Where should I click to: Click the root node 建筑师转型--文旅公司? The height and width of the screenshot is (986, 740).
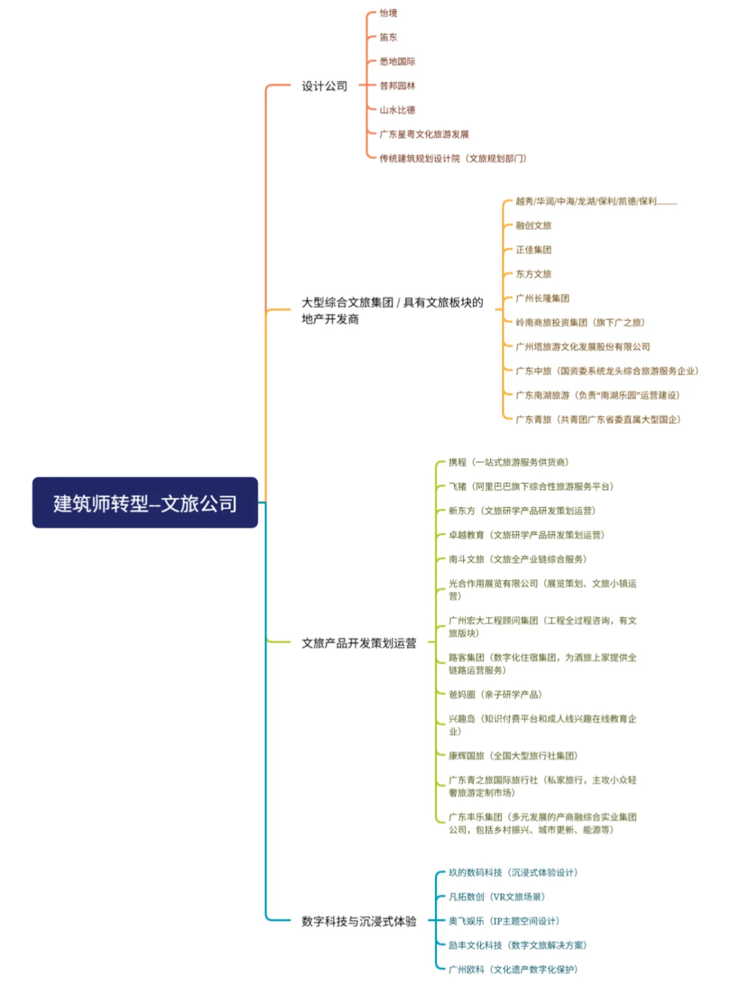coord(145,503)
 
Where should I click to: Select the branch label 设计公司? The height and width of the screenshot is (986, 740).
coord(325,86)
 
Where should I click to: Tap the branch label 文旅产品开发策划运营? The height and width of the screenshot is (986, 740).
coord(359,643)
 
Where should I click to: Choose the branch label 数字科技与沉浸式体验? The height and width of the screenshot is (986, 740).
coord(359,922)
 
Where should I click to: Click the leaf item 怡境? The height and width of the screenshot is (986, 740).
coord(388,13)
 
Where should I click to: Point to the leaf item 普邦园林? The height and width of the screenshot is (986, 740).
coord(397,86)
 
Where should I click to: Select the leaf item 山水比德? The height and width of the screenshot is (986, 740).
coord(397,110)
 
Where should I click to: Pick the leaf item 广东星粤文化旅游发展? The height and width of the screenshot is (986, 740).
coord(424,134)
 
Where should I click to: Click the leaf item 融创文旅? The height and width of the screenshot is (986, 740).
coord(533,226)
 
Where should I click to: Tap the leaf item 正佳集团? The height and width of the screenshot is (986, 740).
coord(533,250)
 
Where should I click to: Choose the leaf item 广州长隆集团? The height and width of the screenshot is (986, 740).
coord(542,299)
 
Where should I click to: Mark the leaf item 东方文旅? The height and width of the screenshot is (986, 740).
coord(533,274)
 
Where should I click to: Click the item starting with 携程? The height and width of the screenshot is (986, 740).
coord(508,463)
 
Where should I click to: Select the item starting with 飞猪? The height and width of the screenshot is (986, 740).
coord(531,487)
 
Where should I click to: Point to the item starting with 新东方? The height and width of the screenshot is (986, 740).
coord(522,511)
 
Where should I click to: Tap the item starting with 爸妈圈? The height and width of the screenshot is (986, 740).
coord(495,695)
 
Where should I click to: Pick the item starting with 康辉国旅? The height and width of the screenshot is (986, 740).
coord(513,756)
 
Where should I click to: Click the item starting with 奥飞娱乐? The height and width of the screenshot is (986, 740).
coord(504,922)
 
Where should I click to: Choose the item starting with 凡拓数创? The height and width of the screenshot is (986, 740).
coord(497,897)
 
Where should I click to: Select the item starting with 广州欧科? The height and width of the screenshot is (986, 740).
coord(513,970)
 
